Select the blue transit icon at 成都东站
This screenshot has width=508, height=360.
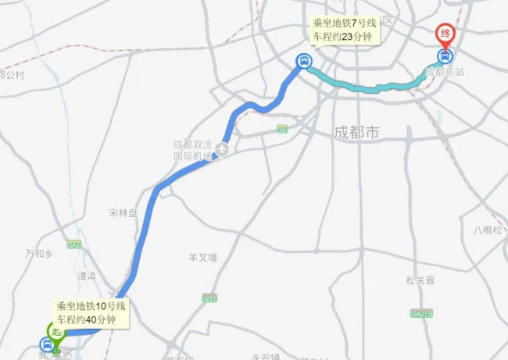445,56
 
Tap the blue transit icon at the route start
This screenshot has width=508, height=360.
47,344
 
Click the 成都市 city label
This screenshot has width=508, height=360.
356,134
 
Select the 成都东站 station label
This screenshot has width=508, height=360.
445,72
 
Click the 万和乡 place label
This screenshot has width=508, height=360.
38,254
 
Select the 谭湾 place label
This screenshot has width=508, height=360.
86,276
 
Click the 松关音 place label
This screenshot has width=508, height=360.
420,280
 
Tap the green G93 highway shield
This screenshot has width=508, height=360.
209,298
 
